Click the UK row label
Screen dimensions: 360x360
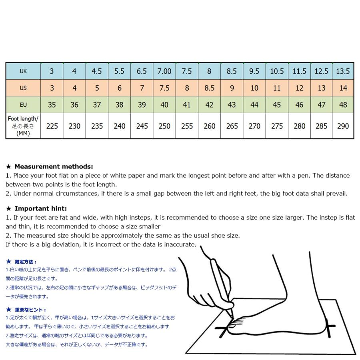(23, 71)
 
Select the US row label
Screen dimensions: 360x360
(23, 88)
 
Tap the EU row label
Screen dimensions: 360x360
(23, 105)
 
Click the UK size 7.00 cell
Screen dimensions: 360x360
(164, 71)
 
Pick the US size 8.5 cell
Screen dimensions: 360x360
(209, 88)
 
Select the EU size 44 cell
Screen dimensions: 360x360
(254, 105)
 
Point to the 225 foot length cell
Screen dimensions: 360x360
(52, 126)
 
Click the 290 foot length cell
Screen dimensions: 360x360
(343, 126)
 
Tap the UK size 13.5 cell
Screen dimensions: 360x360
(343, 71)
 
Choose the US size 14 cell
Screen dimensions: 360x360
(343, 88)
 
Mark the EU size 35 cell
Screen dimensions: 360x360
(52, 105)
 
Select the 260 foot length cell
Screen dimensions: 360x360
(209, 126)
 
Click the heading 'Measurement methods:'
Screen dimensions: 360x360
(54, 166)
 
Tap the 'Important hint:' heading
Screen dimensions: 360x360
(41, 208)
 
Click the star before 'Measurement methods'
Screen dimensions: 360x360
(9, 166)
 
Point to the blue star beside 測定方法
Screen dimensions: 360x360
(9, 262)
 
